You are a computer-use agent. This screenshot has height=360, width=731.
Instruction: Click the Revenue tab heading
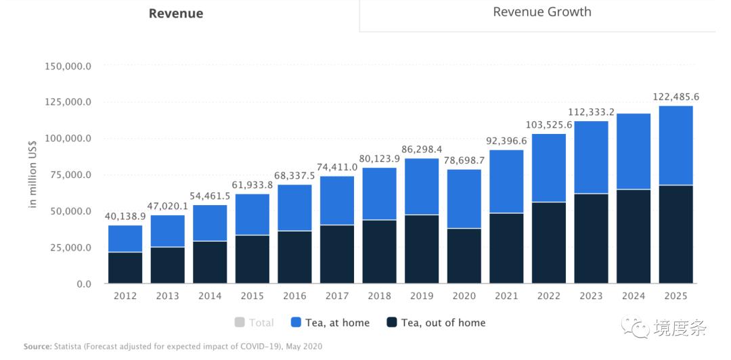pos(176,14)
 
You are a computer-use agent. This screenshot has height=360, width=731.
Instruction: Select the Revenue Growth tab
pos(541,12)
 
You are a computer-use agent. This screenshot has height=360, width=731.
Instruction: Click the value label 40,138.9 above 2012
pos(125,217)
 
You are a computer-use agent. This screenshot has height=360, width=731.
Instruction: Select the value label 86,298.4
pos(421,149)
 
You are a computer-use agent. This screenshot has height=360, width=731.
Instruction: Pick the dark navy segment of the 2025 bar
pos(676,233)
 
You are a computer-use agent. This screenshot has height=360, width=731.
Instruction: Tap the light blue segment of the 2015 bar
pos(252,214)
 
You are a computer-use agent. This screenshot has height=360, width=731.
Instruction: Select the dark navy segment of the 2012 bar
pos(125,267)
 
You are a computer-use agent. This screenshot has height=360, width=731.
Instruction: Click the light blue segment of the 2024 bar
pos(634,151)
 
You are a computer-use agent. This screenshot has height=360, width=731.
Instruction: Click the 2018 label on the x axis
pos(379,296)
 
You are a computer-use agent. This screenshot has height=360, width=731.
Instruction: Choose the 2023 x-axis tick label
pos(591,296)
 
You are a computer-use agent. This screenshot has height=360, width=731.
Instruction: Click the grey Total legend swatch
pos(239,323)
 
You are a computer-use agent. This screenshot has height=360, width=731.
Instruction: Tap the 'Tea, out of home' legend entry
pos(436,323)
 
